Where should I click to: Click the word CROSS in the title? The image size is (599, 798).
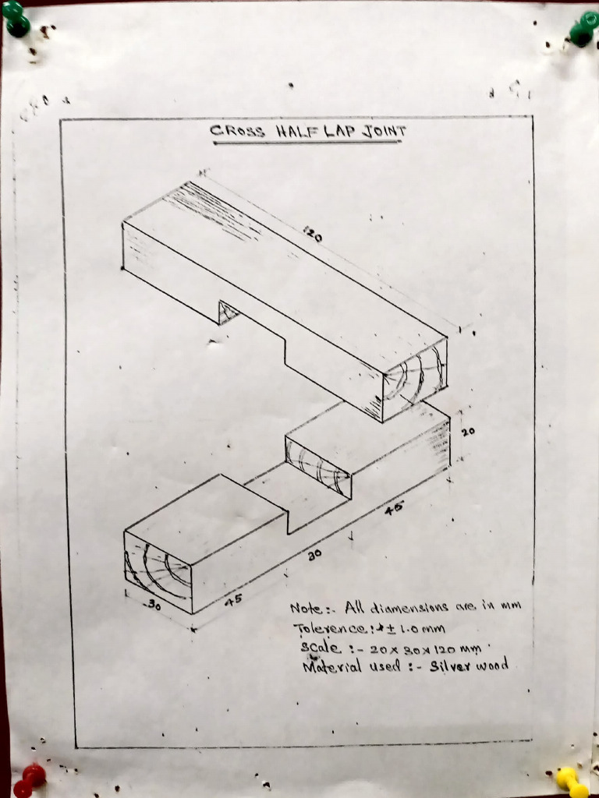point(237,131)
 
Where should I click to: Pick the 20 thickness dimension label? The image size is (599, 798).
point(468,432)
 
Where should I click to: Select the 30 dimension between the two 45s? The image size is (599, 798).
point(314,555)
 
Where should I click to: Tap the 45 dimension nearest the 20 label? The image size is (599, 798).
point(394,508)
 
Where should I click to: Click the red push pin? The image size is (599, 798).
point(29,779)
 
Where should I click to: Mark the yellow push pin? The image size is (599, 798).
point(569,780)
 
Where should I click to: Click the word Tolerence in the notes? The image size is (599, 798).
point(329,629)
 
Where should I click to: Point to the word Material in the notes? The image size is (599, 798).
point(332,666)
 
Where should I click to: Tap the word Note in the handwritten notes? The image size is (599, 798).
point(307,608)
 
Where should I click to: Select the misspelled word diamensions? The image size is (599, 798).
point(409,607)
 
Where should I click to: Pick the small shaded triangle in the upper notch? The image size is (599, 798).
point(227,312)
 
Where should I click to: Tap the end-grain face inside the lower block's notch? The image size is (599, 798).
point(318,467)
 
